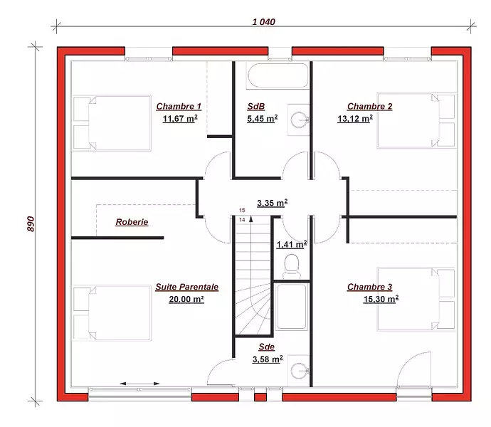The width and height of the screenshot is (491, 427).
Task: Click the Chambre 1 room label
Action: tap(179, 107)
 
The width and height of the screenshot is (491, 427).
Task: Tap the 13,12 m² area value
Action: tap(355, 119)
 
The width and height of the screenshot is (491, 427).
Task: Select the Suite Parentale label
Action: tap(187, 287)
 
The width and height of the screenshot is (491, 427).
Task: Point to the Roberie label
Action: tap(132, 222)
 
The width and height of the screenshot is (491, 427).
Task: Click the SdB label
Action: tap(256, 107)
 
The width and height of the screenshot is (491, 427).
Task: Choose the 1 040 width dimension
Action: tap(264, 21)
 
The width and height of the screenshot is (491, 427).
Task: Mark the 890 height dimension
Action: tap(31, 223)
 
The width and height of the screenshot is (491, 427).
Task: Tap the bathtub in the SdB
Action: tap(278, 75)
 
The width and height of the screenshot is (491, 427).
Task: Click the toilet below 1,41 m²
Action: tap(292, 266)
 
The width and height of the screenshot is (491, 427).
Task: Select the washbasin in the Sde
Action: tap(299, 371)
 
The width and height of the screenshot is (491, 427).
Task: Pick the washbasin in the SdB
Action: tap(299, 120)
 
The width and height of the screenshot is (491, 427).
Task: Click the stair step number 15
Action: tap(242, 210)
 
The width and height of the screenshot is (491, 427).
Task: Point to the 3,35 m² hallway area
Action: tap(273, 203)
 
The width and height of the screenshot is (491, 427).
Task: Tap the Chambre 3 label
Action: tap(369, 287)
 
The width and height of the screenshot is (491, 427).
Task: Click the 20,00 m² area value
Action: tap(186, 299)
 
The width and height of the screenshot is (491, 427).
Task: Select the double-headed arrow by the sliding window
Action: tap(139, 384)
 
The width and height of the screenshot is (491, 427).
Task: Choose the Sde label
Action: tap(266, 347)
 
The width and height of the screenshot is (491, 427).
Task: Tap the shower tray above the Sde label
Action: tap(292, 307)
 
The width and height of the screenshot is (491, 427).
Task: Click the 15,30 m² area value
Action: tap(381, 299)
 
